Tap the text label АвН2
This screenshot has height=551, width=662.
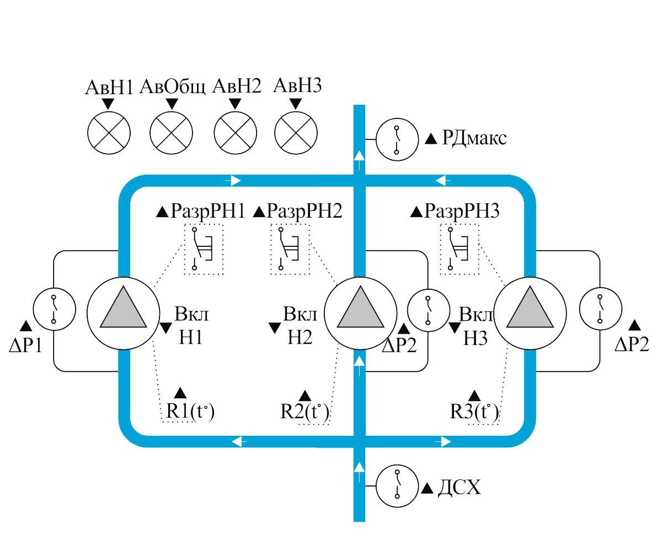237,88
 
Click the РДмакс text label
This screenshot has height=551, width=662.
474,138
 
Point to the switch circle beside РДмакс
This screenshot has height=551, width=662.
397,139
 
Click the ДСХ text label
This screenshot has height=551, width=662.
459,488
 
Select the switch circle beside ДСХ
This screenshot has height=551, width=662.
397,487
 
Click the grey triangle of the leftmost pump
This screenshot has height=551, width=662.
122,310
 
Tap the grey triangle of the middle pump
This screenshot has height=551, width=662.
360,310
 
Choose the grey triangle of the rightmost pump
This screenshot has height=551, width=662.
530,310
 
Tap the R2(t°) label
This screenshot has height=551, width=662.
304,411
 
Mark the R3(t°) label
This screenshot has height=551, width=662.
474,411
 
